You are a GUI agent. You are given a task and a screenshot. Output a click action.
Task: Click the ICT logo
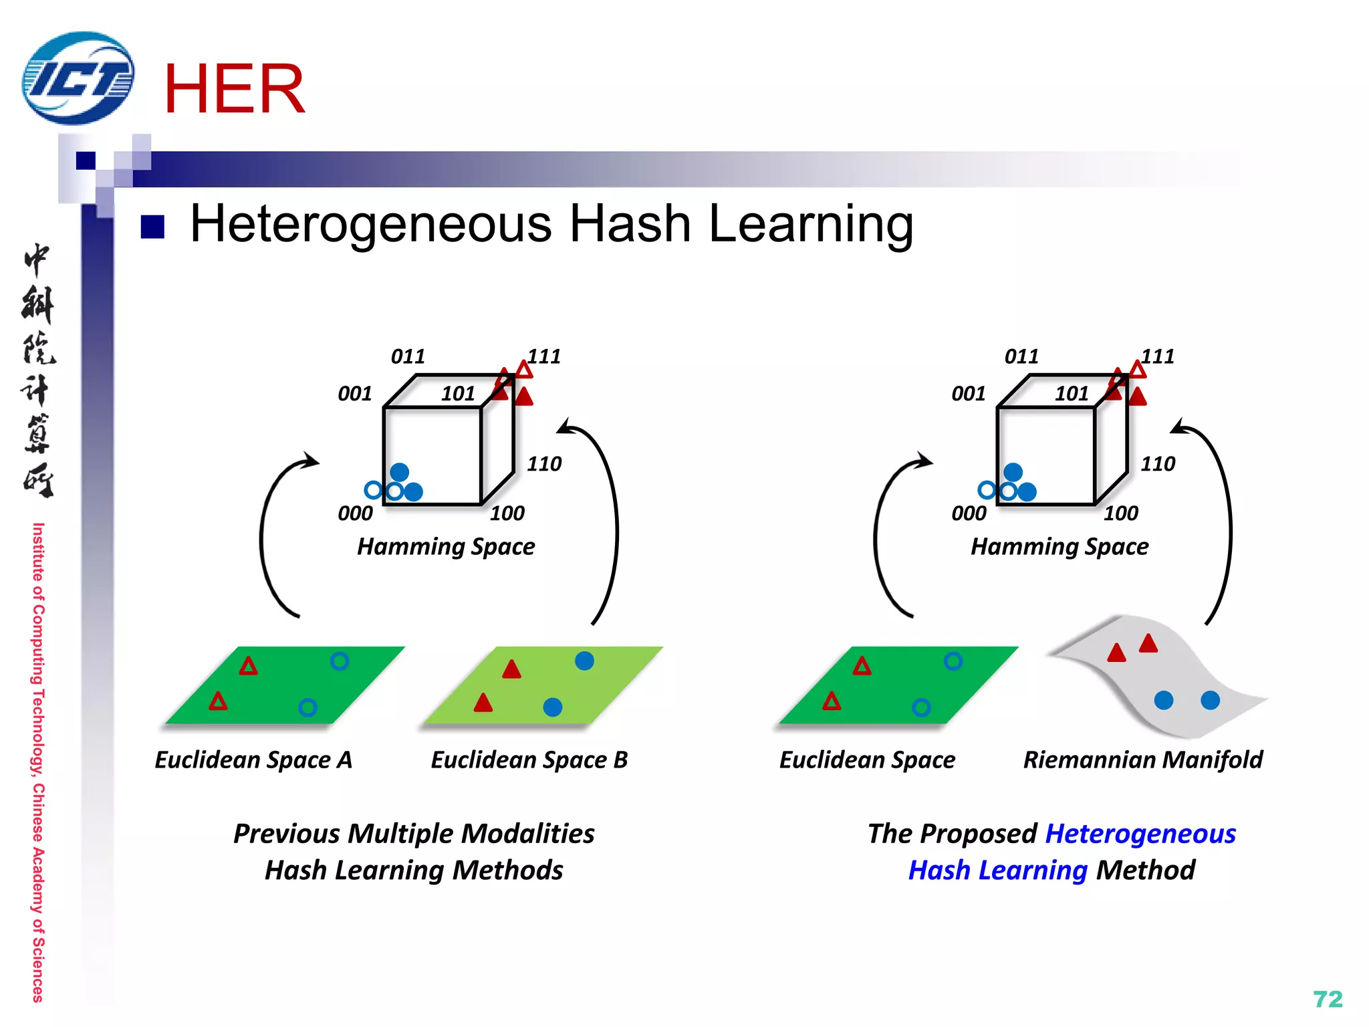coord(78,78)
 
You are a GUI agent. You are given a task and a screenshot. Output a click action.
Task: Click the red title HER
coord(234,89)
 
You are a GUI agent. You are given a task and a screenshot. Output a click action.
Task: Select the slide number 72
coord(1327,999)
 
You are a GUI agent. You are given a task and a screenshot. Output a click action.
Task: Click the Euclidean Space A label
coord(253,760)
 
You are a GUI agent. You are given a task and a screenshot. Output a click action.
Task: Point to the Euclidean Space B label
coord(529,760)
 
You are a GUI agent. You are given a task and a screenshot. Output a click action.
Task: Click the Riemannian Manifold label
coord(1142,760)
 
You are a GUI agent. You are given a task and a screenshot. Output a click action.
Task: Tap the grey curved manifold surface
coord(1163,675)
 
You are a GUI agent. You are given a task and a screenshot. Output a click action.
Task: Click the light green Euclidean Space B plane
coord(541,685)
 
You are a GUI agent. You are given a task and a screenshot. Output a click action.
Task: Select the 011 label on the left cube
coord(408,356)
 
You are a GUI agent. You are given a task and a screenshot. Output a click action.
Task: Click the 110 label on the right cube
coord(1158,464)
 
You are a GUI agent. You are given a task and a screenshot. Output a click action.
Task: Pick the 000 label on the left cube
coord(355,513)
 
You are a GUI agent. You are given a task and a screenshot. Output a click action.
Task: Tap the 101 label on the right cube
coord(1072,394)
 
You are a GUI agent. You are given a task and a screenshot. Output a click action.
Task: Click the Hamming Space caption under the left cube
coord(446,547)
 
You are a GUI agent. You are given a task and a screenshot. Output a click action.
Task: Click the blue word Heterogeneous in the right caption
coord(1140,834)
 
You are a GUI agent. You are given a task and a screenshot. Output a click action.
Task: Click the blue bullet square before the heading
coord(152,227)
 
